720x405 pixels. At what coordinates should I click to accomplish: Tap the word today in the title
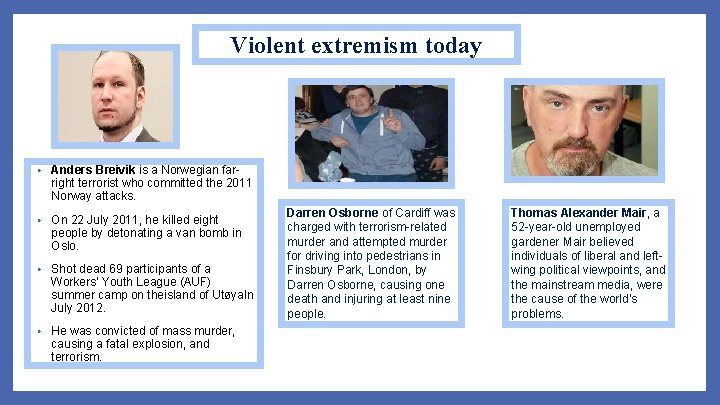453,45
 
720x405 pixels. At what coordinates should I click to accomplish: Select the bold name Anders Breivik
93,170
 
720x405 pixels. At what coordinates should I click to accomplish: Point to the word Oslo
63,245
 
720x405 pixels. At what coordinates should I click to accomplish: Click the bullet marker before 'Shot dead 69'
37,270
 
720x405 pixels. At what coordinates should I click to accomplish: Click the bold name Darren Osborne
332,213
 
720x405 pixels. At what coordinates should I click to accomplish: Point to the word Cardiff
415,213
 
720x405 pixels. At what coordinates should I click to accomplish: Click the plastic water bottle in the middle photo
331,164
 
